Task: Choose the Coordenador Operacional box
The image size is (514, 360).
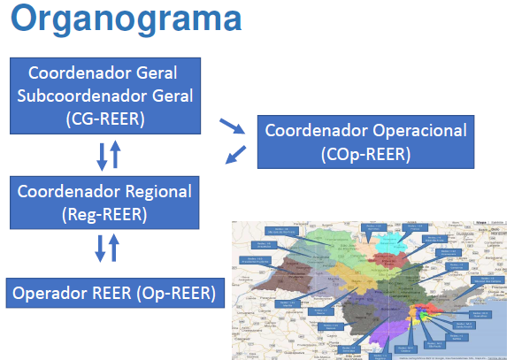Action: click(366, 142)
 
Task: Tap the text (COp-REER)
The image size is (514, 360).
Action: click(366, 154)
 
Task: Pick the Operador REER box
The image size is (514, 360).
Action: click(113, 294)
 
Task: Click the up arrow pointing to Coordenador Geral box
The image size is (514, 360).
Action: click(115, 156)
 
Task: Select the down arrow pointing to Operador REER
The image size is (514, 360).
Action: click(100, 247)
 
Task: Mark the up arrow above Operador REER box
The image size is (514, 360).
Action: click(114, 246)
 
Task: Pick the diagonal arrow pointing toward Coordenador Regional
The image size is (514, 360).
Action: click(234, 156)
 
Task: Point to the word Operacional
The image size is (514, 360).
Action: click(419, 130)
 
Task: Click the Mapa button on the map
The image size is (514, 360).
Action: click(479, 225)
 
